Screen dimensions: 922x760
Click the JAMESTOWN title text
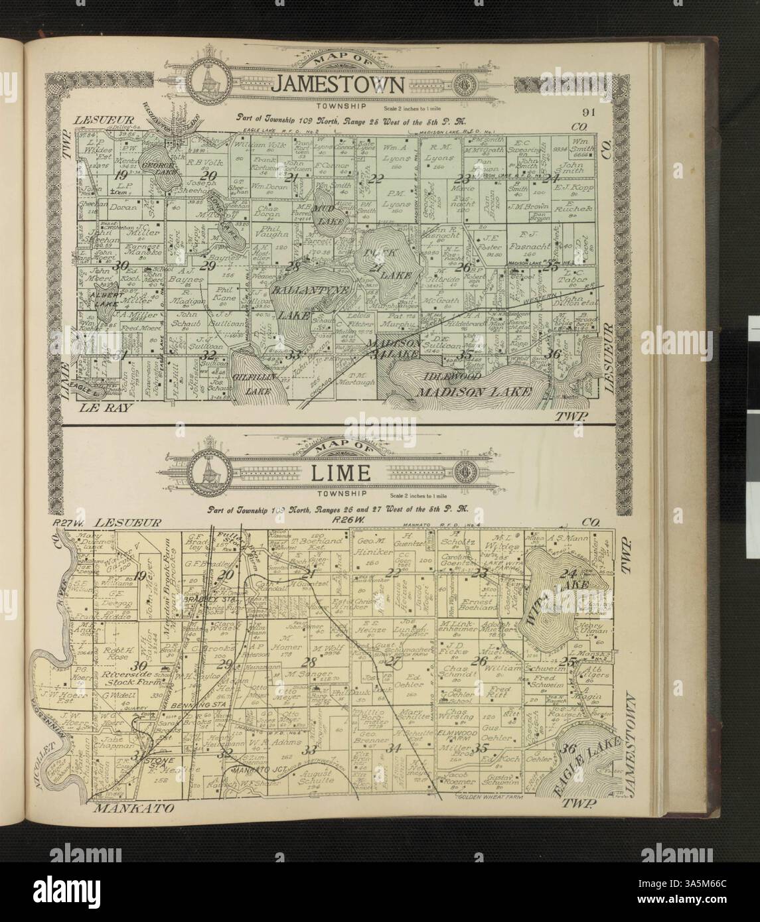tap(341, 85)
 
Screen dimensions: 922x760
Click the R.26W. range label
tap(340, 522)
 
